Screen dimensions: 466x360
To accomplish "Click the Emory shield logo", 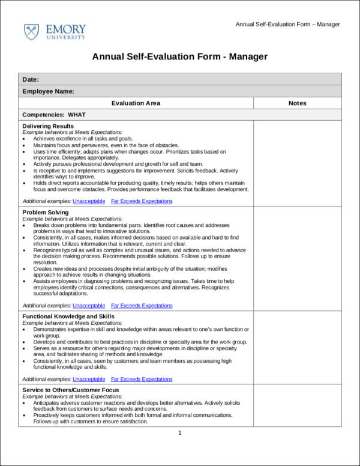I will click(31, 32).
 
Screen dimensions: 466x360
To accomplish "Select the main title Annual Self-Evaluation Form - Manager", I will click(179, 57).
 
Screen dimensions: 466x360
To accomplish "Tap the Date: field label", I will click(31, 79).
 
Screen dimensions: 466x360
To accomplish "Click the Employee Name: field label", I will click(48, 91).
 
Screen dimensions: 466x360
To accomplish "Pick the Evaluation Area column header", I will click(136, 103).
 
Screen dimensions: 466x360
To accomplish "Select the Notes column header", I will click(297, 103).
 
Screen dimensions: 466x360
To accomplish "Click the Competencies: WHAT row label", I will click(54, 114).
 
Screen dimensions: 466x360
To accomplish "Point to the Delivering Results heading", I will click(48, 126).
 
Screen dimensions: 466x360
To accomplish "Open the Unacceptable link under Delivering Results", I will click(89, 201).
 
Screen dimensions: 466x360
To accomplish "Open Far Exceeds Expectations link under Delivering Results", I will click(142, 201).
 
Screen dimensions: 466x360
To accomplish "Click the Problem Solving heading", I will click(46, 213).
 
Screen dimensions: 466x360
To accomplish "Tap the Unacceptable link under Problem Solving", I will click(89, 306).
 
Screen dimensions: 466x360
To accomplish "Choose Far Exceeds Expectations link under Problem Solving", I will click(142, 306).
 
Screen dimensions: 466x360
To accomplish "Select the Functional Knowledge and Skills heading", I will click(68, 316).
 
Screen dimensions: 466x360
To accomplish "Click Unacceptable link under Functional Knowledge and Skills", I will click(89, 380).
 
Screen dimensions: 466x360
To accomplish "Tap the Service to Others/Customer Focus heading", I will click(70, 390).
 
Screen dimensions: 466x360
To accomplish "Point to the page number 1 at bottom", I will click(180, 433).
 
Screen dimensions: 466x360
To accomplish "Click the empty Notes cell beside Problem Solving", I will click(297, 258).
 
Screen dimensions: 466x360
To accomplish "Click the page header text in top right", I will click(287, 24).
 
